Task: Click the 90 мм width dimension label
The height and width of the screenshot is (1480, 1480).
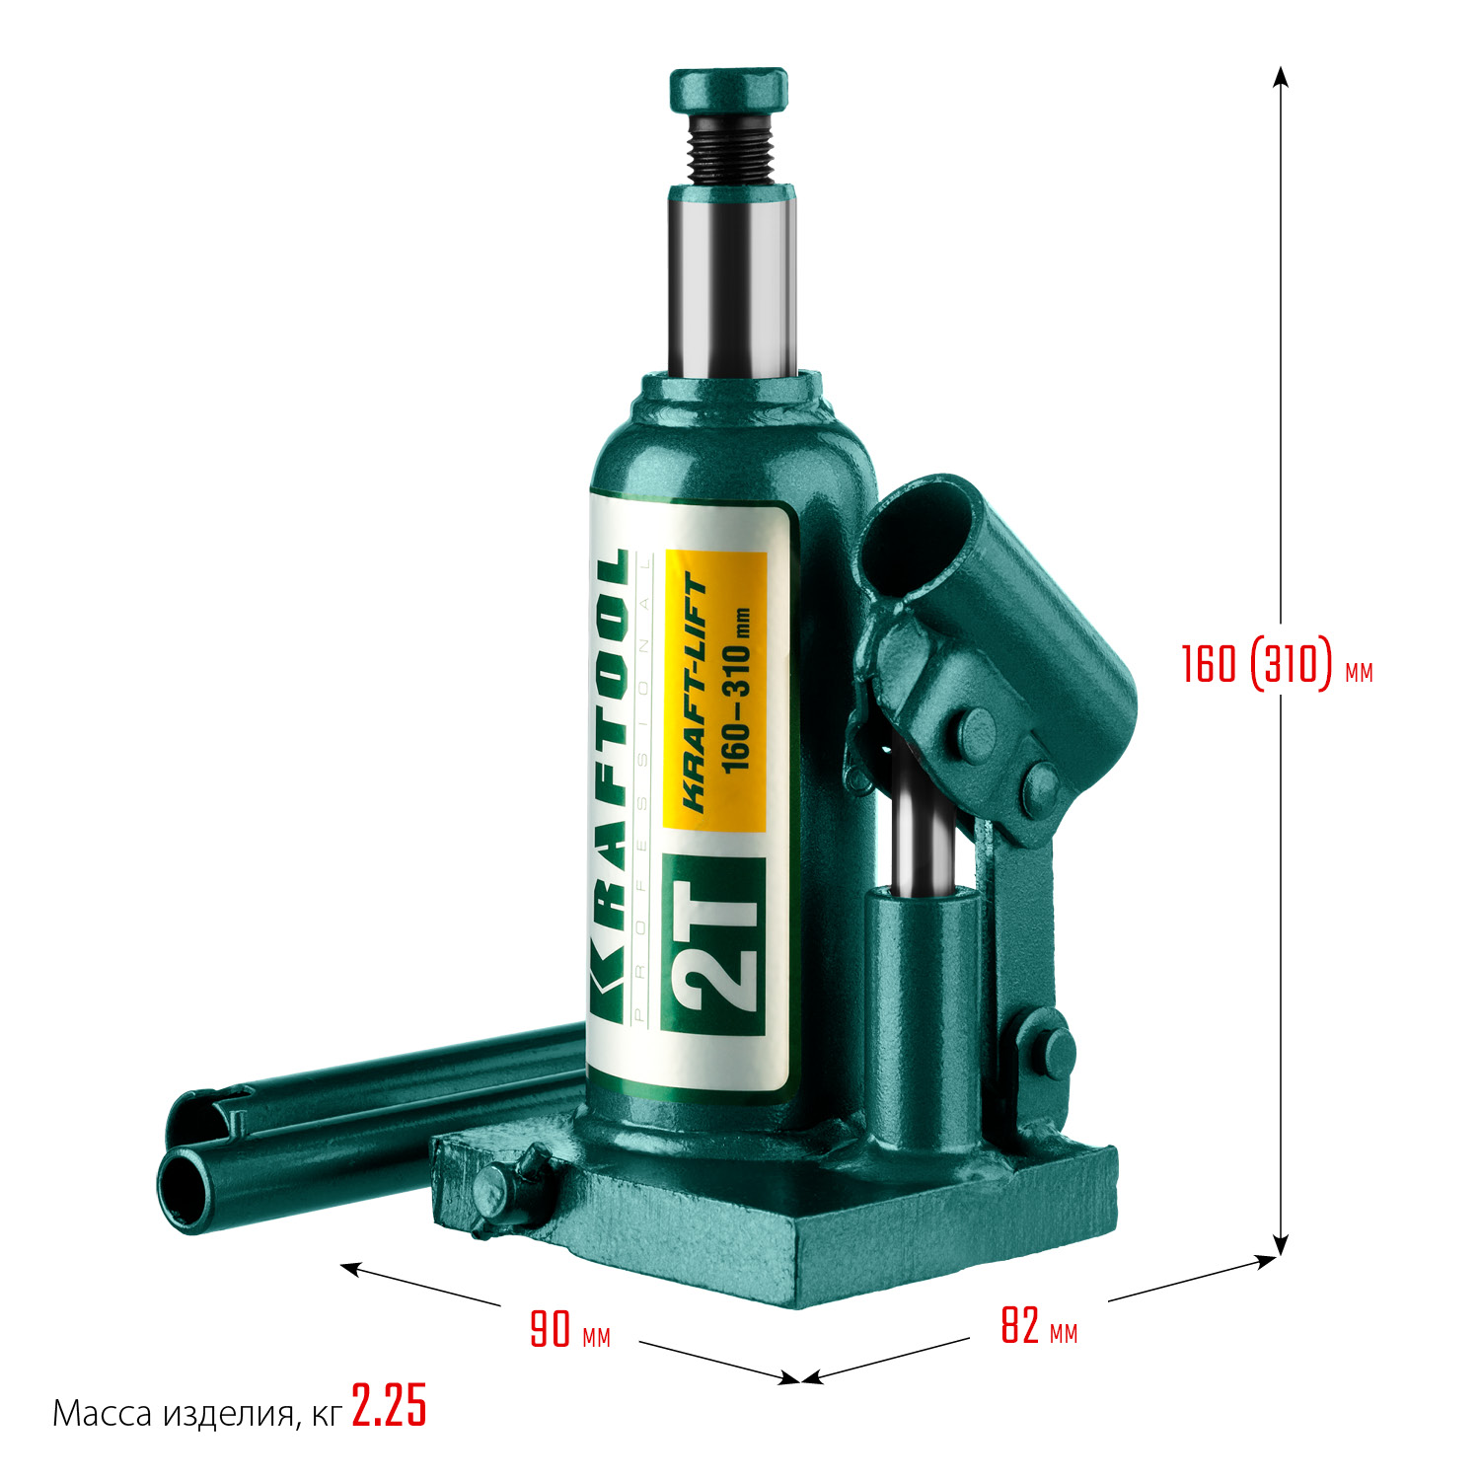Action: (569, 1329)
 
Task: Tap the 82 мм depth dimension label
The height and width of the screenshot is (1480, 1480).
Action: (1038, 1326)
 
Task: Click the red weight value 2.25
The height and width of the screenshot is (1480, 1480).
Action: (389, 1406)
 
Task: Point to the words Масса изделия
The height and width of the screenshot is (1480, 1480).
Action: (173, 1414)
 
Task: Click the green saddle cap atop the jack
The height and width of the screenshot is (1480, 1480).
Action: (729, 90)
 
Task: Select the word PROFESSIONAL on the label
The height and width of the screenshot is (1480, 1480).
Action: (644, 789)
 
